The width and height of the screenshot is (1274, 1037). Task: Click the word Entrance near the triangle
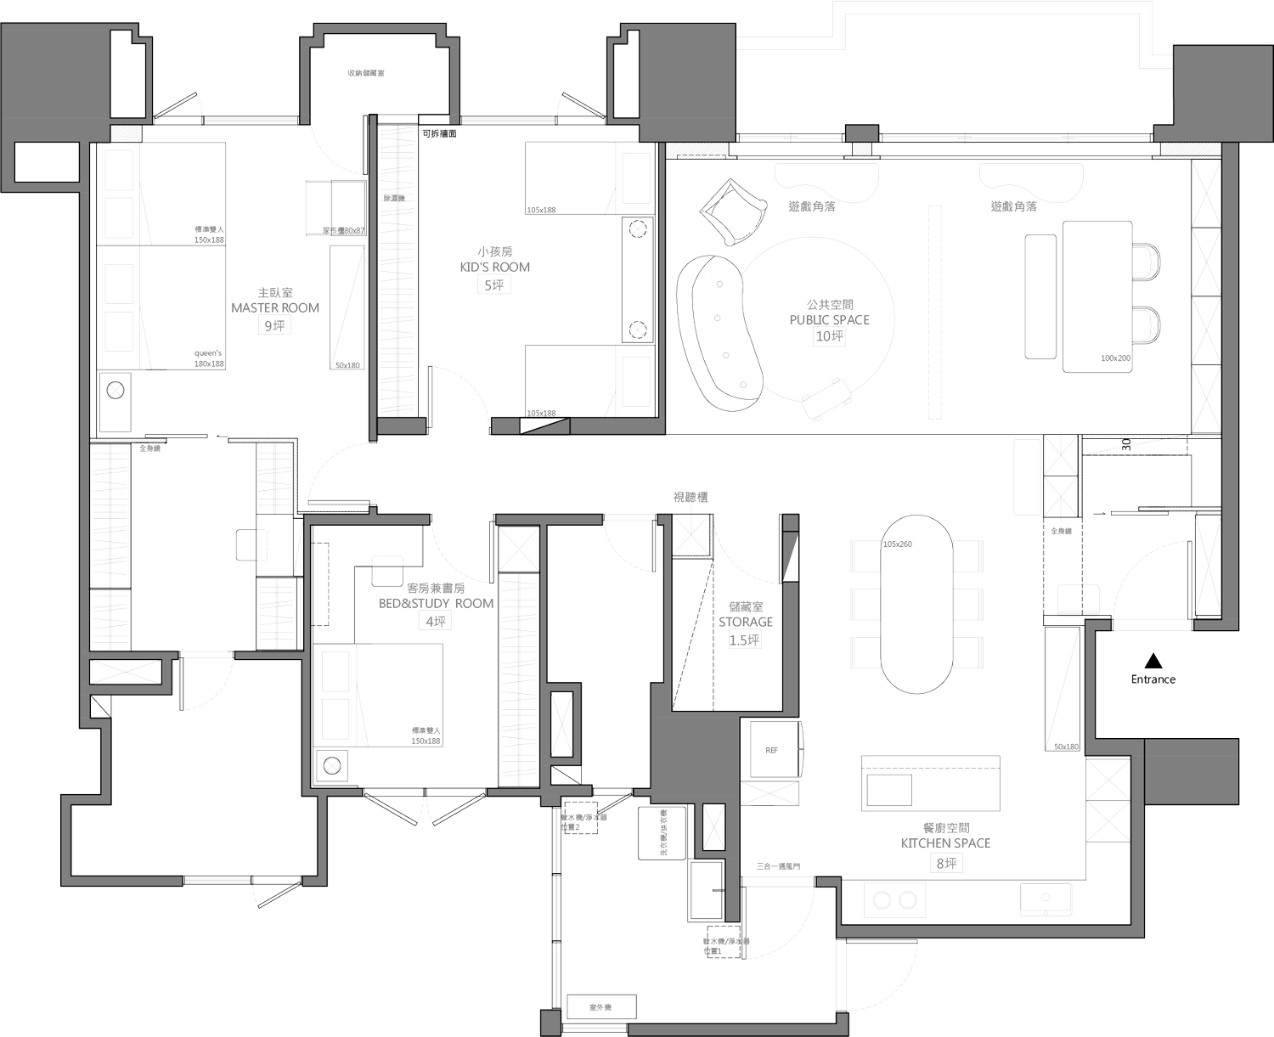(1153, 679)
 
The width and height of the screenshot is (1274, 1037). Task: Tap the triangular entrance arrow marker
(1153, 658)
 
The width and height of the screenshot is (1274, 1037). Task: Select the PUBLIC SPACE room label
(829, 322)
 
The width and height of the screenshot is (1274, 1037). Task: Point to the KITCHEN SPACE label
(946, 844)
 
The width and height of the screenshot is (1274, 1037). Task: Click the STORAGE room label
(746, 622)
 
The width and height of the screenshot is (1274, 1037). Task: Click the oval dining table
(916, 603)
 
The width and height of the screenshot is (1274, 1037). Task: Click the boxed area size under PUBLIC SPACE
(829, 337)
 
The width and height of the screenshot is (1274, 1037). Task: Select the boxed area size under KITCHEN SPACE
(946, 863)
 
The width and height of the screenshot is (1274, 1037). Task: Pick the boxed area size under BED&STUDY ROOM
(434, 621)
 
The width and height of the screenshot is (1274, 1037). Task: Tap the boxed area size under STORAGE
(746, 640)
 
